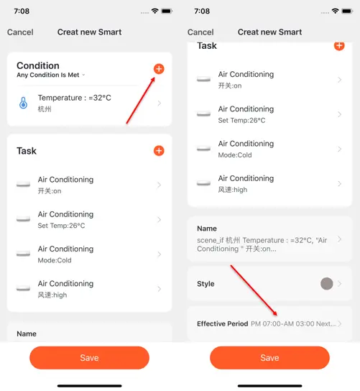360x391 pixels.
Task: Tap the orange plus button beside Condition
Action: (x=159, y=69)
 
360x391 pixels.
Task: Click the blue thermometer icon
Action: (x=24, y=103)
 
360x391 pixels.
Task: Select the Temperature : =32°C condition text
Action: (x=75, y=98)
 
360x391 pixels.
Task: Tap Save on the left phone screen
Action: (x=89, y=358)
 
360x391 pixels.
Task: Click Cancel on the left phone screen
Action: (x=20, y=32)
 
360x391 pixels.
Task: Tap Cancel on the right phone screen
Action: (x=200, y=32)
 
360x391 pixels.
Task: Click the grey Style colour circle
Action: (x=327, y=283)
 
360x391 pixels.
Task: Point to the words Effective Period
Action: (x=222, y=323)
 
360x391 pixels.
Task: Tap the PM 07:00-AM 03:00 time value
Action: (x=282, y=323)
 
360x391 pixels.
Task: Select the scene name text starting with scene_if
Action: (x=262, y=244)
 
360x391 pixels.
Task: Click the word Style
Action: (x=206, y=284)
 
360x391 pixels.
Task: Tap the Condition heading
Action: (x=38, y=65)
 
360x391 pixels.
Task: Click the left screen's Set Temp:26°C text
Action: (x=61, y=226)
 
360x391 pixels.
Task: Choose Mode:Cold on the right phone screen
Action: (x=235, y=155)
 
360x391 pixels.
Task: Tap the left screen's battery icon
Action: (x=167, y=11)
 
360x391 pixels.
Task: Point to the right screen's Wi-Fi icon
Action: (x=336, y=11)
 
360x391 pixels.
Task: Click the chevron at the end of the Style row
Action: (x=340, y=283)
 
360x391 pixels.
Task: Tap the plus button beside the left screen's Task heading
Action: (x=159, y=151)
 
